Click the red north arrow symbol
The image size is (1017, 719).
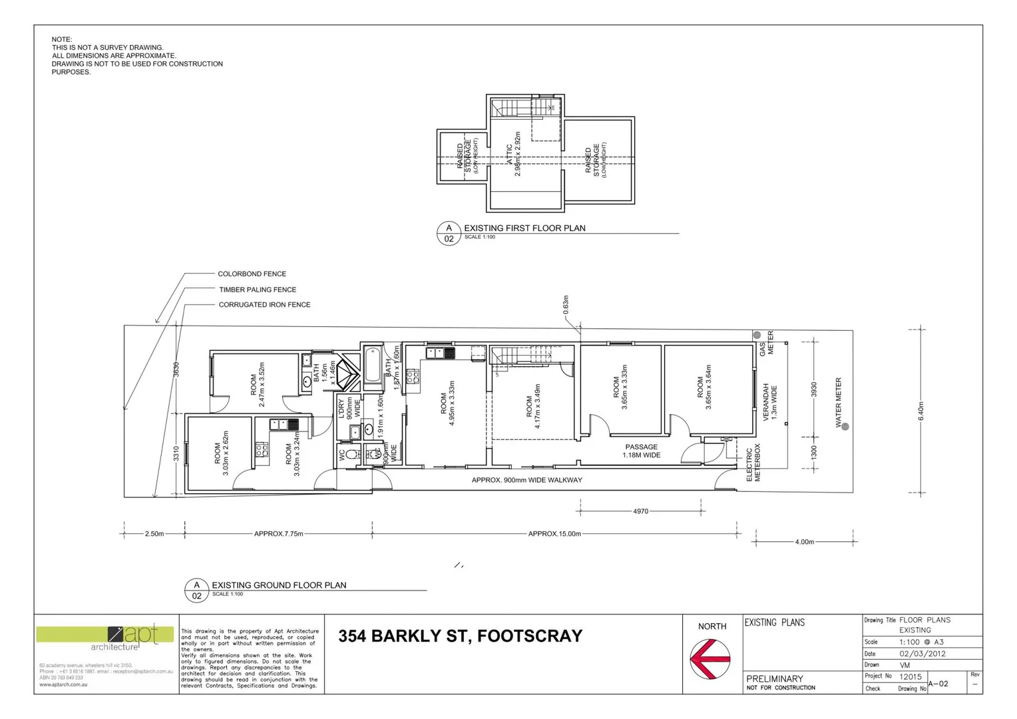711,658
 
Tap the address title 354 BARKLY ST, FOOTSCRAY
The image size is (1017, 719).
460,636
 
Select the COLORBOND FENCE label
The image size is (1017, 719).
252,274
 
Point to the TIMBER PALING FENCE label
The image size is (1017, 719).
258,290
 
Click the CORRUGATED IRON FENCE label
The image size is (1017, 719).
264,305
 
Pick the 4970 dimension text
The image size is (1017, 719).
640,511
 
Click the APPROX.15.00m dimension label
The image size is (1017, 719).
554,534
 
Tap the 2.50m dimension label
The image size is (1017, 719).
154,534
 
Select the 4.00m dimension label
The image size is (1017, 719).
805,542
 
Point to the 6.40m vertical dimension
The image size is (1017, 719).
921,411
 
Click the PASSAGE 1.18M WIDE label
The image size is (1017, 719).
642,451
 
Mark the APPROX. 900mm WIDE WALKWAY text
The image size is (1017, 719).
526,480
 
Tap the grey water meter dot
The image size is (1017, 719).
845,427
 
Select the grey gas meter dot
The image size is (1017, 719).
757,335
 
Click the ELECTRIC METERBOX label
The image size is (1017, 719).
753,463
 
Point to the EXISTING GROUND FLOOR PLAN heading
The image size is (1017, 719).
279,585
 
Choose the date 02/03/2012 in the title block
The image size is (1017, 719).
922,654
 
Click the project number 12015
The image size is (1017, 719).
911,676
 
